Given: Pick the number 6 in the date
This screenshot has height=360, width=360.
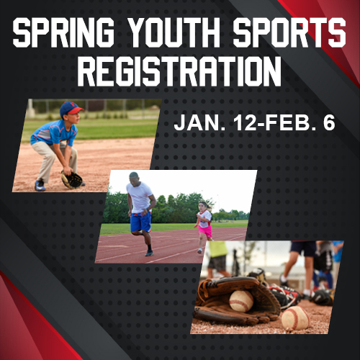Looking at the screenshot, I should point(328,124).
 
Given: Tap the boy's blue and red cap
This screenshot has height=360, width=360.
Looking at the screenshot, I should point(71,108).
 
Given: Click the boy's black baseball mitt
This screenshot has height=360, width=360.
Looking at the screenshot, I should point(71,179).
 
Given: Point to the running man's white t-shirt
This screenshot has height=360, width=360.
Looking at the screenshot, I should point(140,196).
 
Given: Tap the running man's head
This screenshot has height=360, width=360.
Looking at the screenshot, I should point(135,177).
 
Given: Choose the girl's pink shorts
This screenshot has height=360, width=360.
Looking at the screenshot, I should point(206,230).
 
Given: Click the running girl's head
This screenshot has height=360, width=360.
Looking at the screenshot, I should point(203,206).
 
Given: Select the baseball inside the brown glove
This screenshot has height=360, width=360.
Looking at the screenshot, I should point(240,300).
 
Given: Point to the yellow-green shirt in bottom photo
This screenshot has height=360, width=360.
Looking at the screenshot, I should point(218,249).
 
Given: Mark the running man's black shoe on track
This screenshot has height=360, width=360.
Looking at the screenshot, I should point(148,253).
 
